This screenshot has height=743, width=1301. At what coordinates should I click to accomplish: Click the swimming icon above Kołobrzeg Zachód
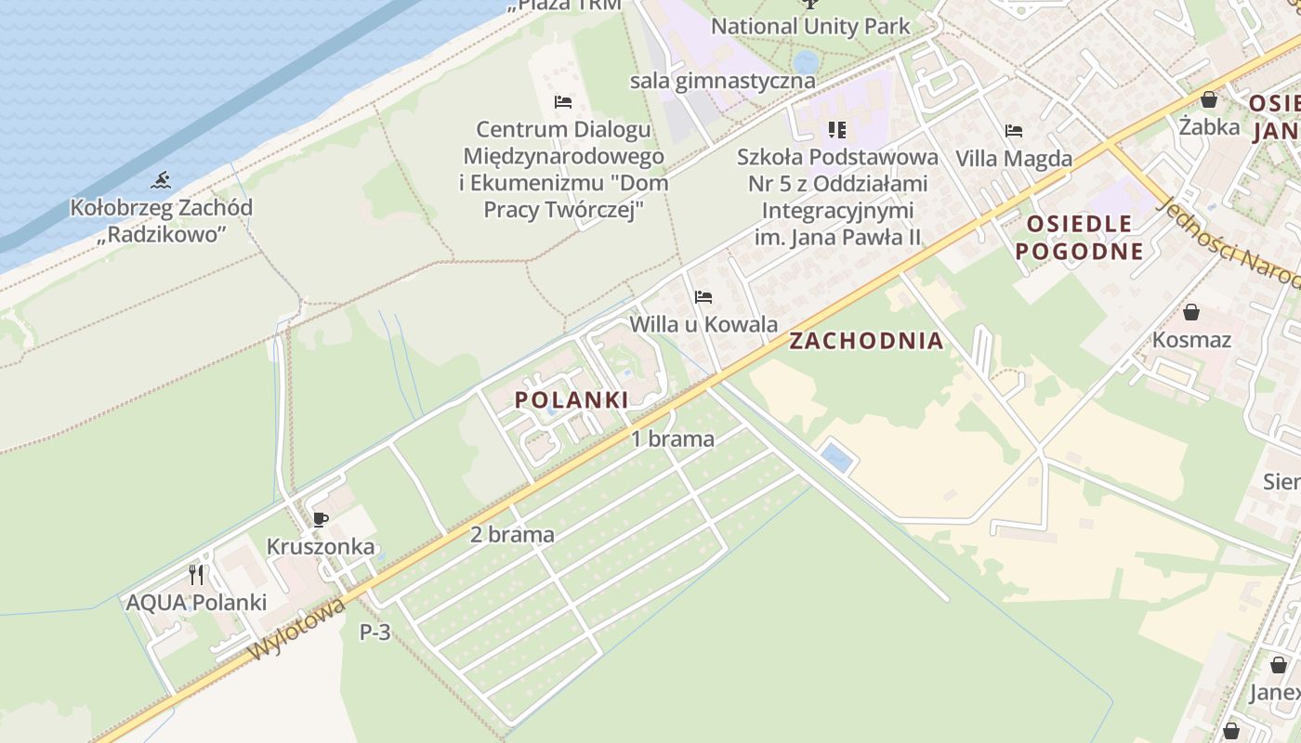click(162, 179)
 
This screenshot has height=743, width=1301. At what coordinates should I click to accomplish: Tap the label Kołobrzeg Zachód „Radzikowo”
click(162, 220)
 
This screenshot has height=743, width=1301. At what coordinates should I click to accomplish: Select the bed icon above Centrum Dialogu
click(562, 101)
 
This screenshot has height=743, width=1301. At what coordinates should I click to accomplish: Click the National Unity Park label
click(810, 26)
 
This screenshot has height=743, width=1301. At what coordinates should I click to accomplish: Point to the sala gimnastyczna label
click(723, 81)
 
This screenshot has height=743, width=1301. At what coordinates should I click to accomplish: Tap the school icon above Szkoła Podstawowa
click(837, 130)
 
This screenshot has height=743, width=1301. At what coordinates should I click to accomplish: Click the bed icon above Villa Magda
click(1014, 131)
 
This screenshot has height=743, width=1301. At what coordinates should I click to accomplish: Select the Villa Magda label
click(1014, 159)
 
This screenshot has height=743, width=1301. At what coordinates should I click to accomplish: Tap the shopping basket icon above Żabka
click(1209, 99)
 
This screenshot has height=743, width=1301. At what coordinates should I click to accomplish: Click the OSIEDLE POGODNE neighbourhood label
click(1079, 237)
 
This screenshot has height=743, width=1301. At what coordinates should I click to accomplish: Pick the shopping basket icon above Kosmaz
click(1191, 312)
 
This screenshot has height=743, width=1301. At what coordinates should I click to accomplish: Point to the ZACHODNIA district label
click(866, 341)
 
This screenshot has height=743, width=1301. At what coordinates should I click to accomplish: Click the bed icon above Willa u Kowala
click(703, 297)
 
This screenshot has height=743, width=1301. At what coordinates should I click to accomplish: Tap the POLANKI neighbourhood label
click(572, 400)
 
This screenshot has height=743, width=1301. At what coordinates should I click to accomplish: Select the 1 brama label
click(673, 439)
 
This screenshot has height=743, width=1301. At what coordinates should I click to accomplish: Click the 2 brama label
click(512, 535)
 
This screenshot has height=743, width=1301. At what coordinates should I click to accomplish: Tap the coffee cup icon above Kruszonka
click(321, 519)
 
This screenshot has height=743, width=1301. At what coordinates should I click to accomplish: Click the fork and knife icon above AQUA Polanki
click(196, 575)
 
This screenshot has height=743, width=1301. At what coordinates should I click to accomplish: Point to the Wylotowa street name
click(297, 631)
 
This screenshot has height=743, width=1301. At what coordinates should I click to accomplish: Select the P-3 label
click(375, 632)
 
